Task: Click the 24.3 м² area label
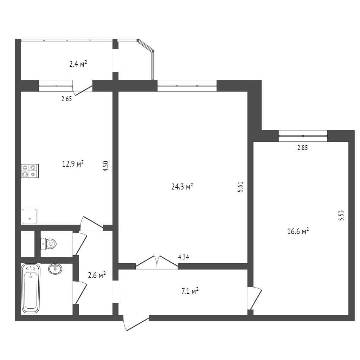182,187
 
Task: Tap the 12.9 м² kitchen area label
73,164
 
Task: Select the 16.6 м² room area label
298,231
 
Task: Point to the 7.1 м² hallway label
190,291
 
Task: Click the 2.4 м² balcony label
78,64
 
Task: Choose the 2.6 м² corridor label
97,275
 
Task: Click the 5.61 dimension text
240,187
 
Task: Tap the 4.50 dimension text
105,166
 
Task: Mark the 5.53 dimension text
341,216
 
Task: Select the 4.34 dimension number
184,257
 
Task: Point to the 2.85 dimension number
302,148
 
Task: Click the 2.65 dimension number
66,99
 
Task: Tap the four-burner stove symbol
30,171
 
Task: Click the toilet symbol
49,244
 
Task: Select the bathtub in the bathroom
31,288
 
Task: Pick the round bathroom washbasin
55,269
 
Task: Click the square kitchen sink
30,216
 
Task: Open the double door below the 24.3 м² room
157,262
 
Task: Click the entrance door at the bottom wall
136,323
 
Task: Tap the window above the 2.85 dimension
303,136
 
